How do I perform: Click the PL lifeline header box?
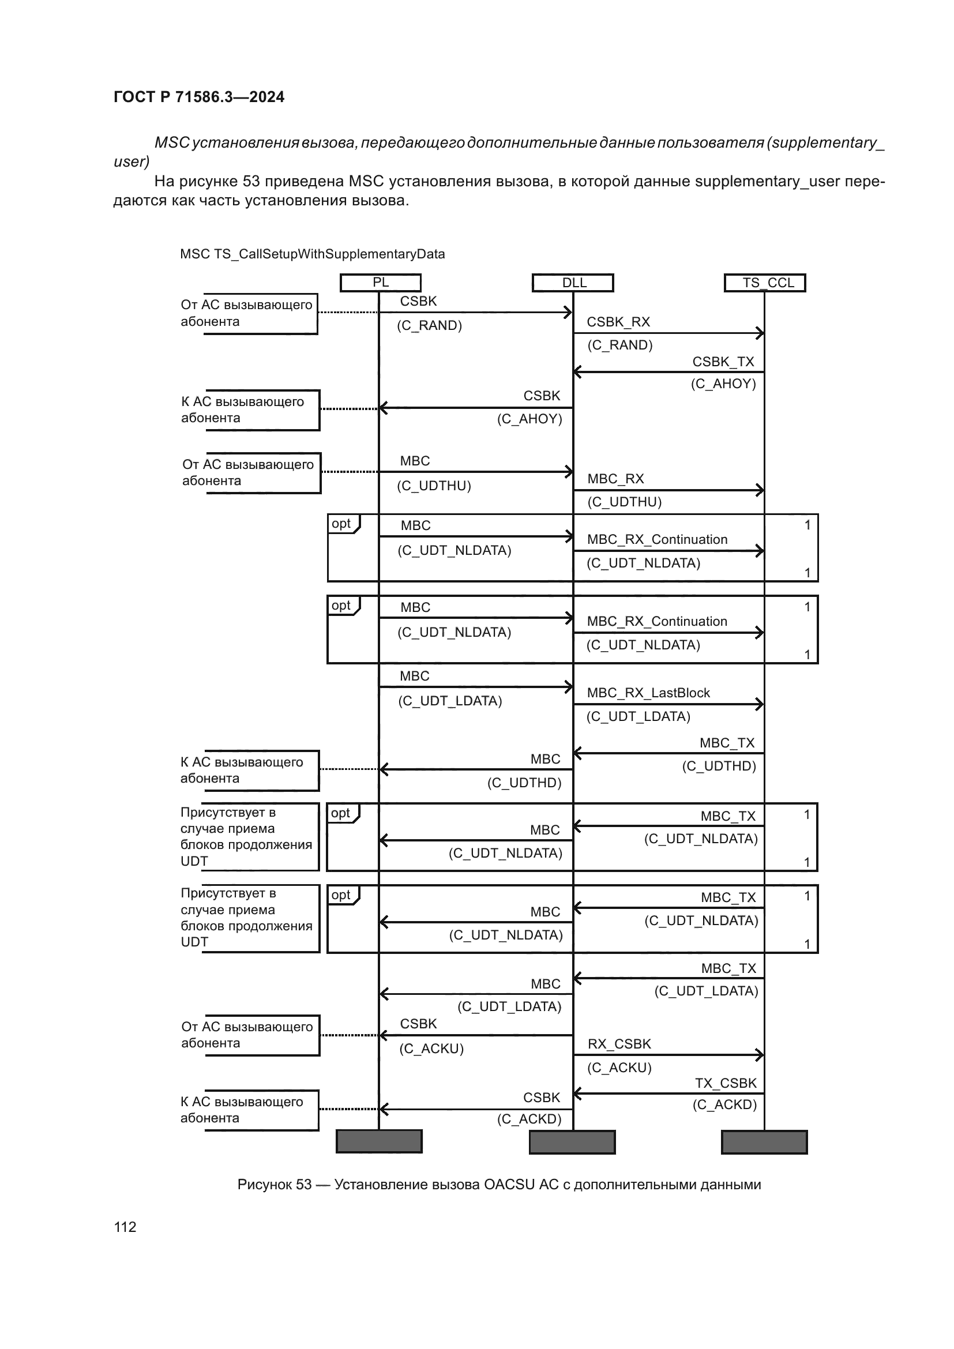381,283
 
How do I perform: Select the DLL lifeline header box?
573,283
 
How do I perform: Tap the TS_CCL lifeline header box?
765,283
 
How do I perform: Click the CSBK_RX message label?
618,322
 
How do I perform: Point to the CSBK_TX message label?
723,362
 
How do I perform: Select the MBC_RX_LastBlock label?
648,693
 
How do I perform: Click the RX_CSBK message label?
619,1044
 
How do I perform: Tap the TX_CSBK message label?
726,1084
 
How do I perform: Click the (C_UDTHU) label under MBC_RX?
625,502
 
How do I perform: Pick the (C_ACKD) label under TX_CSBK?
724,1105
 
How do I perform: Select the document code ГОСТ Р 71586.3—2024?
198,97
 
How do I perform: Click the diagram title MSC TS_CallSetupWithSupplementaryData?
312,254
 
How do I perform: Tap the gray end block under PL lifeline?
379,1142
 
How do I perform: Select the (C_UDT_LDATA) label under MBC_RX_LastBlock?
638,717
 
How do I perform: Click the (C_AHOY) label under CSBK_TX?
723,384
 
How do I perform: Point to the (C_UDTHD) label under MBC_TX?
719,766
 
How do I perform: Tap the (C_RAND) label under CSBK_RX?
619,345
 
